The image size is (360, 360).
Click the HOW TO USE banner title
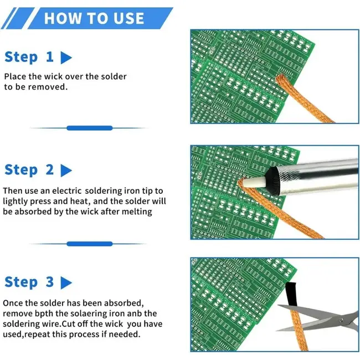click(x=94, y=18)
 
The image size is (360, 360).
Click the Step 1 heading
click(x=29, y=57)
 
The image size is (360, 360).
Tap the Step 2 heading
click(x=29, y=170)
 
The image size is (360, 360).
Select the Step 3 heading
click(x=29, y=282)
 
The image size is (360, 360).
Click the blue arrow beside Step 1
click(x=66, y=58)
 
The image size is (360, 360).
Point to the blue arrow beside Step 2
click(x=66, y=171)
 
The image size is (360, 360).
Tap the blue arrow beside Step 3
click(x=66, y=283)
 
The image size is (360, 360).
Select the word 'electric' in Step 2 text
click(x=66, y=191)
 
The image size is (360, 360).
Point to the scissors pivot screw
click(x=342, y=320)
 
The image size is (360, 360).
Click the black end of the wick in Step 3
click(x=291, y=294)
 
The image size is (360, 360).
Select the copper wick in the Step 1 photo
click(x=303, y=99)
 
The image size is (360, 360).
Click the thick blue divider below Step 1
click(x=90, y=128)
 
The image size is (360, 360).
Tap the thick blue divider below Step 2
click(x=90, y=244)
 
